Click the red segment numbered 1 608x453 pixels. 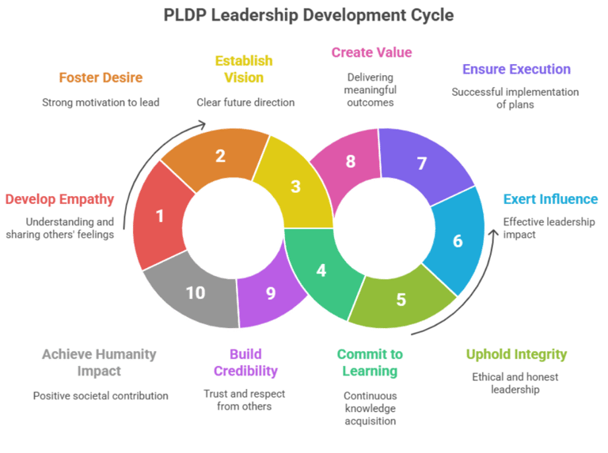(x=160, y=215)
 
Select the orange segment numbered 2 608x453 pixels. (x=220, y=155)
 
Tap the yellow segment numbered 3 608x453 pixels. (x=295, y=187)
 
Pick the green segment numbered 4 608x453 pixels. (x=321, y=270)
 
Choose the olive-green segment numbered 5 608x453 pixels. (x=401, y=300)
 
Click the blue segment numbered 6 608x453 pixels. (x=457, y=240)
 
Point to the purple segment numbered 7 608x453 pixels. (x=422, y=164)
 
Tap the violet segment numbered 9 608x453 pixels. (x=271, y=293)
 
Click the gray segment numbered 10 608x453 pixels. (x=195, y=293)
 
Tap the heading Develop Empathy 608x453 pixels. (x=59, y=199)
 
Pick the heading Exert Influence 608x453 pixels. (x=550, y=199)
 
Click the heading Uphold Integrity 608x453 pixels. (x=516, y=354)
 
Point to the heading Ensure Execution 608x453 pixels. (x=516, y=70)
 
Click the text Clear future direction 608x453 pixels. (x=245, y=102)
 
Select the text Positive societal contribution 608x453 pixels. (x=101, y=395)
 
